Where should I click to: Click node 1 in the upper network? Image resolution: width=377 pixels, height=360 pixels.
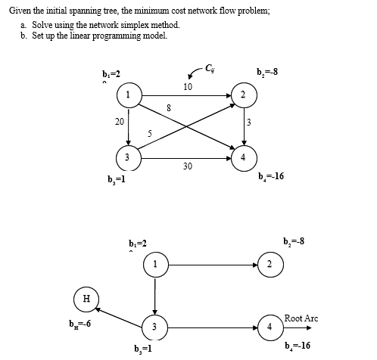129,95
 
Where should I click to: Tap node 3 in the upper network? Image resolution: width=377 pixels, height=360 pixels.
129,159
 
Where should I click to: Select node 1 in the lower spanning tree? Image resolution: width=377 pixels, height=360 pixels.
154,265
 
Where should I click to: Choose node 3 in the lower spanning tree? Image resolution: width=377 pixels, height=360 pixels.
154,327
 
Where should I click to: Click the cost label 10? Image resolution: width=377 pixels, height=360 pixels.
186,86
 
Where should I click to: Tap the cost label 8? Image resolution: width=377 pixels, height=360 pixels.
168,107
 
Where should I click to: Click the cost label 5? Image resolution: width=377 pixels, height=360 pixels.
150,134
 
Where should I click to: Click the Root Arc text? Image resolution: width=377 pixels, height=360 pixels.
301,318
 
